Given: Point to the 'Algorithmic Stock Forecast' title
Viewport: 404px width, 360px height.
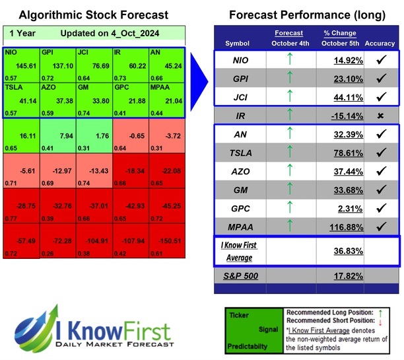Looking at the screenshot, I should coord(93,15).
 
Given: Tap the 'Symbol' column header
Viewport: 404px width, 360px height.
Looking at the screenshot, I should coord(237,44).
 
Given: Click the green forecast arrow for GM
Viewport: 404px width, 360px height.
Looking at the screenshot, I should coord(288,190).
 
